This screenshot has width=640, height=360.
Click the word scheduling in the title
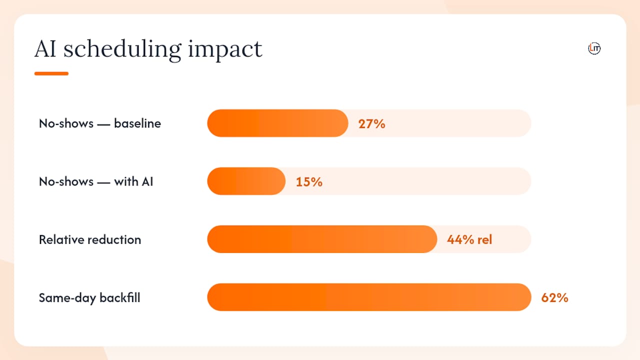(122, 50)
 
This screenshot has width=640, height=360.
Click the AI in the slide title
(45, 49)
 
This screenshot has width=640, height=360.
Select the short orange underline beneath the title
(51, 73)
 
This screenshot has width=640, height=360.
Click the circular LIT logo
(594, 48)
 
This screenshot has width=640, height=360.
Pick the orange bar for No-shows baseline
(277, 123)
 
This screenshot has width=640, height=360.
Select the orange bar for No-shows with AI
(246, 181)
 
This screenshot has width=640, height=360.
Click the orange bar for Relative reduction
(322, 239)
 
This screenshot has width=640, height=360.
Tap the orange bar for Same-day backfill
(369, 297)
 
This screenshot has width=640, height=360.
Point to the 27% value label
(371, 124)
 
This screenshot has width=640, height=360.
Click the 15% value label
(309, 182)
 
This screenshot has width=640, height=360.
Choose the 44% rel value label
(469, 239)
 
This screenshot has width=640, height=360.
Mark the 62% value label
(554, 297)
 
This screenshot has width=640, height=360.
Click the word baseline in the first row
(137, 123)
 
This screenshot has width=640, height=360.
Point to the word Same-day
(67, 298)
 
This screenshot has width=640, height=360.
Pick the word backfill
(120, 297)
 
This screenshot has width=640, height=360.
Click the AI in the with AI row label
(147, 181)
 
